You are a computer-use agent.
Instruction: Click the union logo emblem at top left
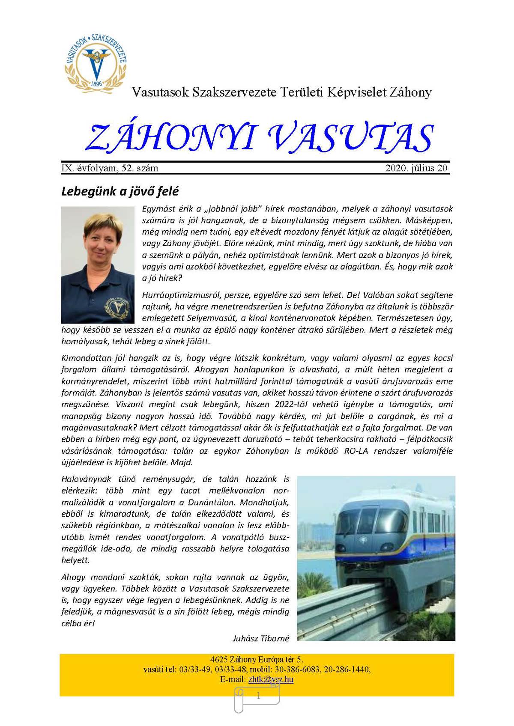(x=96, y=62)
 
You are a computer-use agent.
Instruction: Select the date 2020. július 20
(x=416, y=168)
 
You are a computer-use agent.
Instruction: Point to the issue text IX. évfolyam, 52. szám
(x=110, y=168)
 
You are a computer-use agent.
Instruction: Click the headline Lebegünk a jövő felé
(x=120, y=191)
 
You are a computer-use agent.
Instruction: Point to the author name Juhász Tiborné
(x=261, y=638)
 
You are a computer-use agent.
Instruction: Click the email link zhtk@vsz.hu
(x=271, y=679)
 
